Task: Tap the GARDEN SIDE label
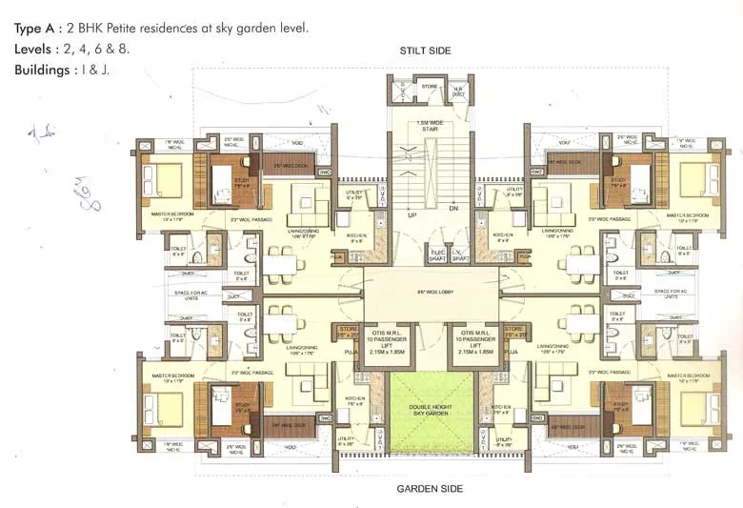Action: tap(429, 488)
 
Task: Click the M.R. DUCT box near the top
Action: tap(457, 90)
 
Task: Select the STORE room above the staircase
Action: tap(430, 88)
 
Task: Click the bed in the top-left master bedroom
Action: tap(163, 180)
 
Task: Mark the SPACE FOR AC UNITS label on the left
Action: tap(178, 294)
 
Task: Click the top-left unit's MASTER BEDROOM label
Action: tap(172, 214)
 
